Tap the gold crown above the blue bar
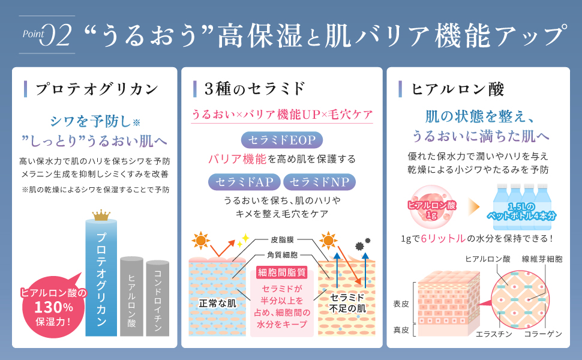click(101, 215)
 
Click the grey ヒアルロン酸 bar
click(131, 296)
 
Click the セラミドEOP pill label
click(282, 140)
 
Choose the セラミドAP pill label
click(243, 181)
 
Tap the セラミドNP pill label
click(319, 181)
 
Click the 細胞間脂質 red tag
click(281, 272)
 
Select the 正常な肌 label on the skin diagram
click(218, 304)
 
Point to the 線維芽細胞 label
click(542, 259)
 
